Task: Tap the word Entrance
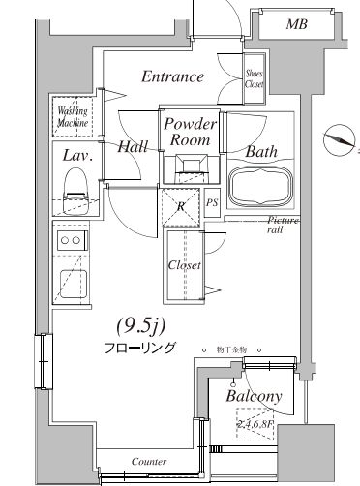tap(172, 77)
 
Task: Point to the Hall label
tap(133, 148)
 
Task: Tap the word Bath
tap(261, 152)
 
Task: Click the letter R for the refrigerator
tap(181, 205)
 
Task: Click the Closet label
tap(184, 265)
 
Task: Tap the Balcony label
tap(254, 397)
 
